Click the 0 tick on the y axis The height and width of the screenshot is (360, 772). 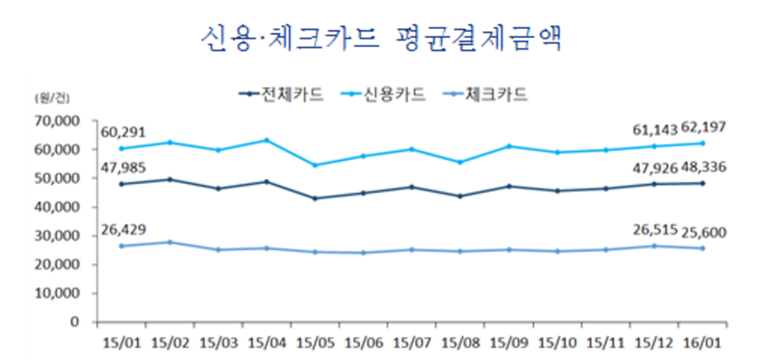[x=76, y=322]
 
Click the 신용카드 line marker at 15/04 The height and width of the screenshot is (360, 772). [x=266, y=140]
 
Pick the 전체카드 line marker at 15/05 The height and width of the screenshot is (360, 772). [x=314, y=198]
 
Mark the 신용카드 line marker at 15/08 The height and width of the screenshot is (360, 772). [x=461, y=162]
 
